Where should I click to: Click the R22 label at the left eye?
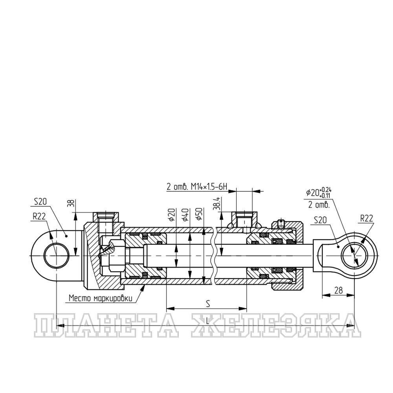(x=39, y=217)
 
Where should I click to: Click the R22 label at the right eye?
(x=367, y=218)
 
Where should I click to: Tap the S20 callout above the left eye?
(x=40, y=202)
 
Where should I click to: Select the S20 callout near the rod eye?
(x=321, y=220)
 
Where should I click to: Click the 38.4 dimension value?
(x=217, y=203)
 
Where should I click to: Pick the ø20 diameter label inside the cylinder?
(x=172, y=215)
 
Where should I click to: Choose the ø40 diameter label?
(x=186, y=215)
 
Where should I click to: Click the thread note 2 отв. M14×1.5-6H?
(x=197, y=187)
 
